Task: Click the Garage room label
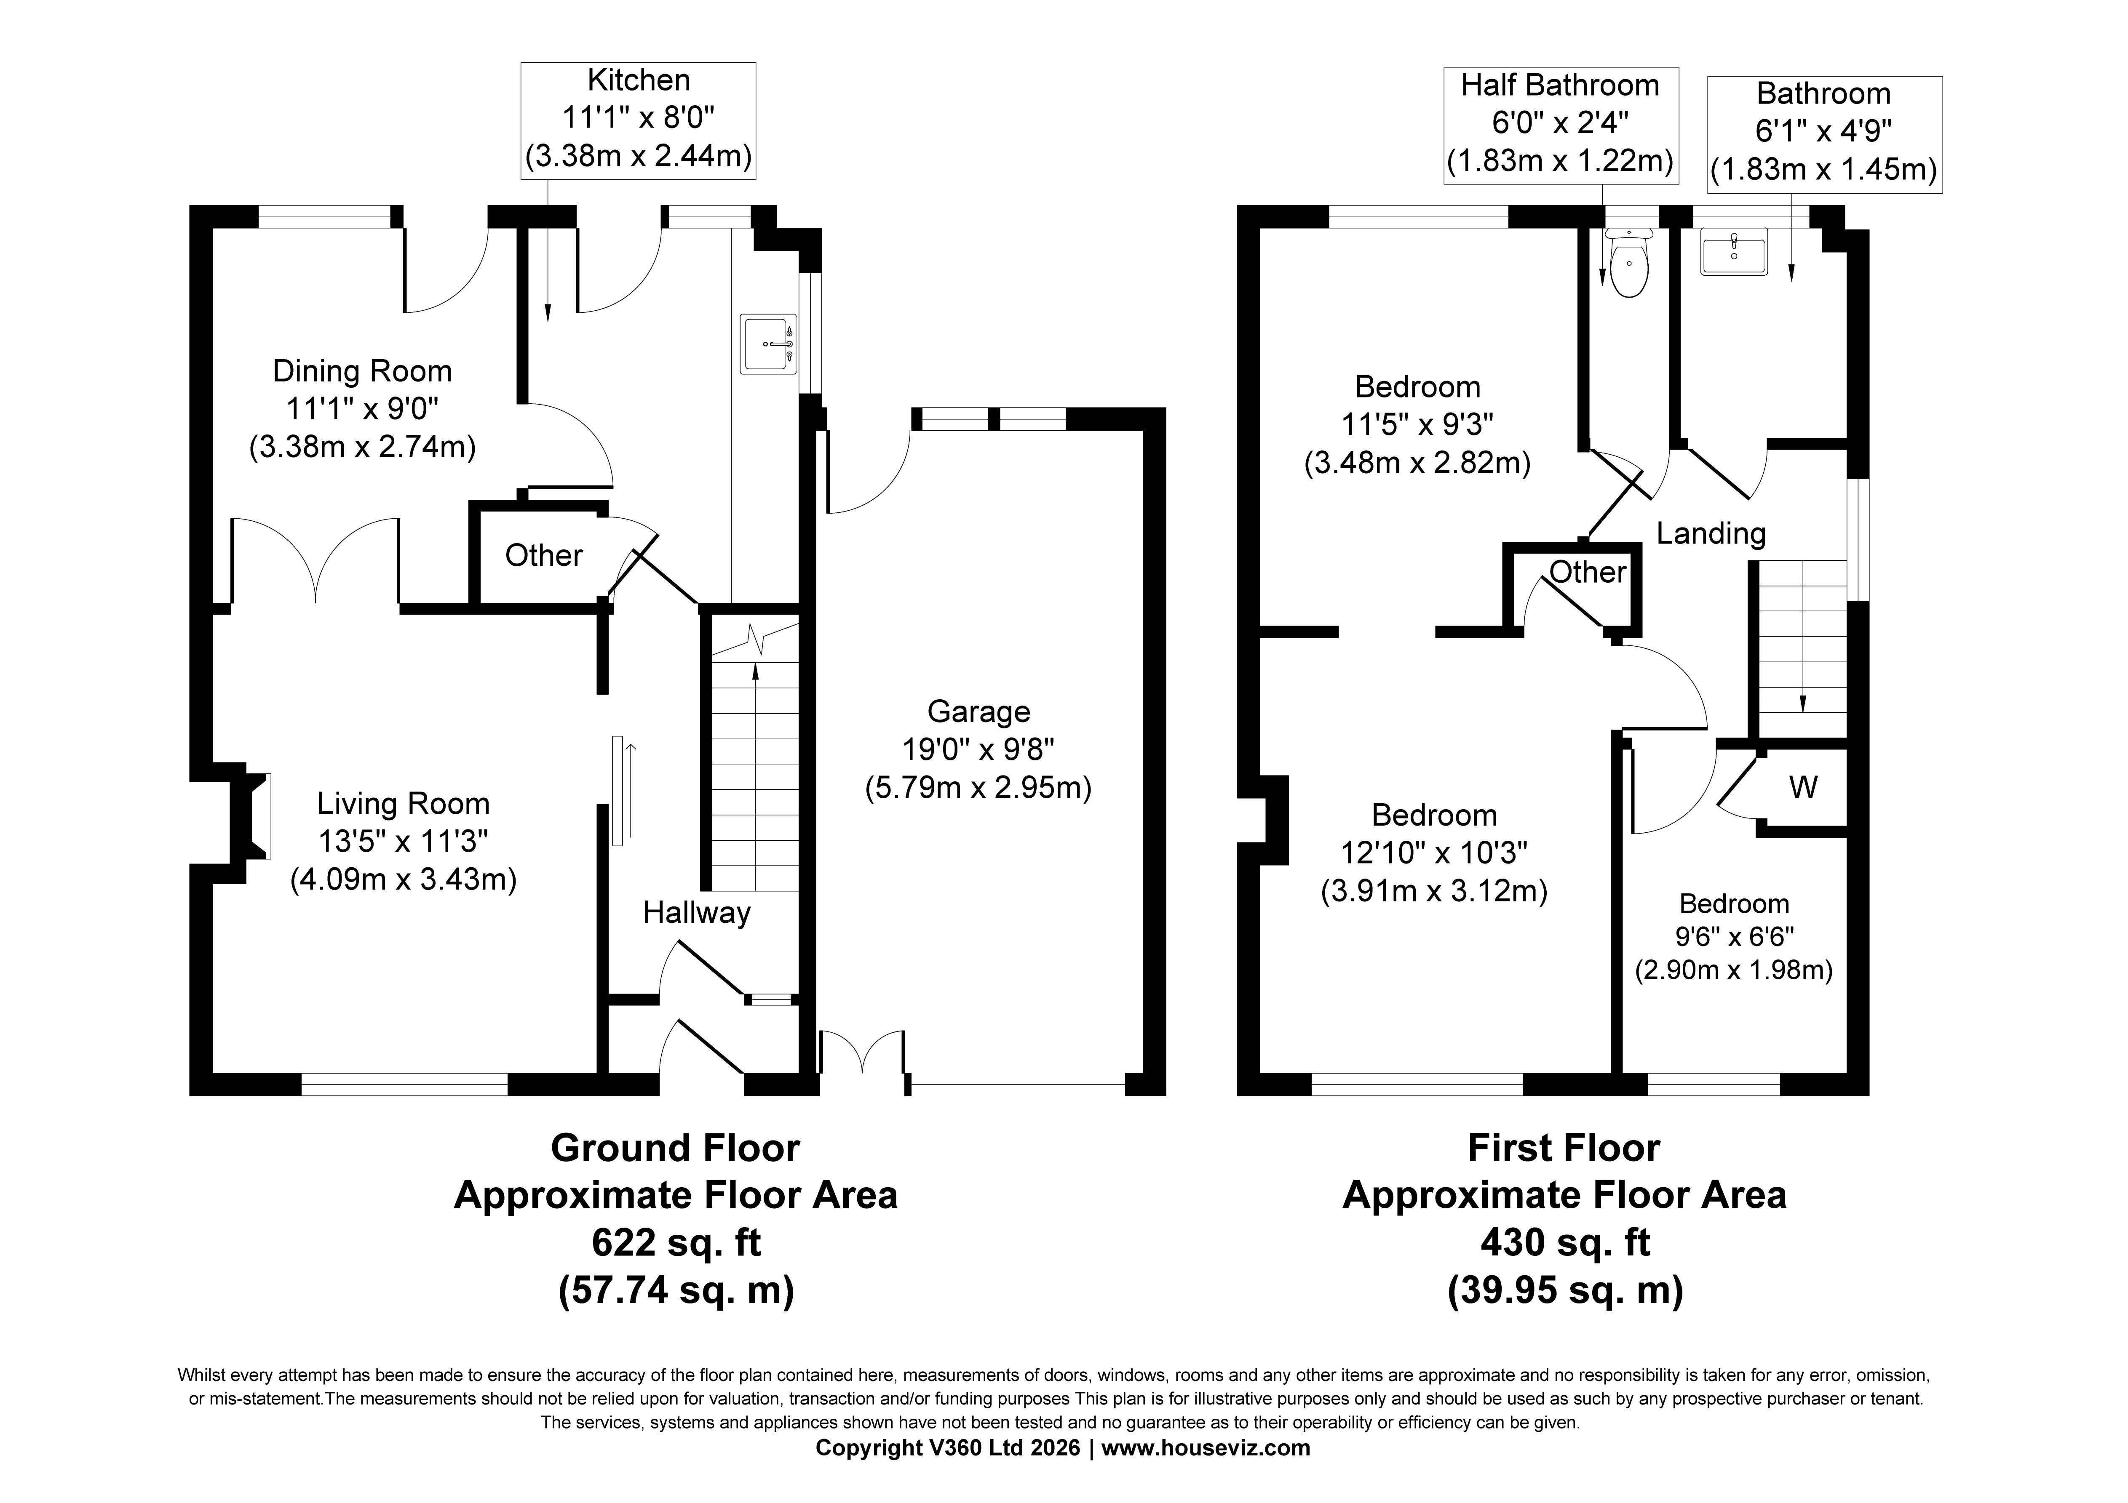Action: [979, 712]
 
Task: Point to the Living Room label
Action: [403, 803]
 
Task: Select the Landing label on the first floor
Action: [1711, 534]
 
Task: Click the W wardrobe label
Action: [1803, 788]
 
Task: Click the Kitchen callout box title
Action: [639, 80]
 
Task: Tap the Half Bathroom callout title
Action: [1561, 85]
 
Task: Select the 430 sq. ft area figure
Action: [1565, 1243]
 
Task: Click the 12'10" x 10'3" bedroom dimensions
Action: [1434, 853]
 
